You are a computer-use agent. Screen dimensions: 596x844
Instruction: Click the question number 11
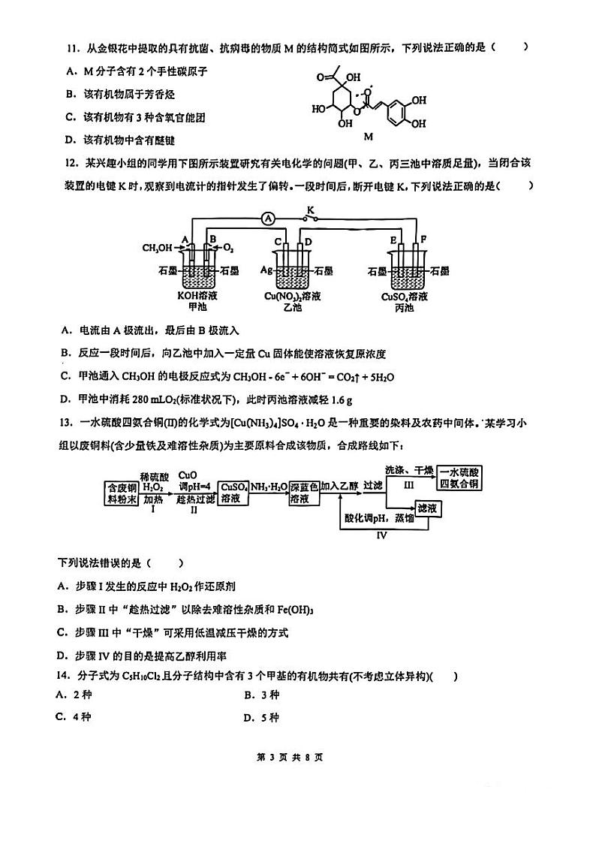click(x=72, y=47)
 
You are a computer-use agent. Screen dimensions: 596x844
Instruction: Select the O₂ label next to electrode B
click(x=228, y=248)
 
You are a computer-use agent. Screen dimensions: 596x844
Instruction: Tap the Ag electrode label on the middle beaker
click(x=266, y=270)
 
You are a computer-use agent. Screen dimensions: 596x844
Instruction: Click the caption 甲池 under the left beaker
click(x=197, y=307)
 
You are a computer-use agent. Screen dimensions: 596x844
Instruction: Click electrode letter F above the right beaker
click(x=423, y=240)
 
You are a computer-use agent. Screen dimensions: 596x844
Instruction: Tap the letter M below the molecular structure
click(x=368, y=137)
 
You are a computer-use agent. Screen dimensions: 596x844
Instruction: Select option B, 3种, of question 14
click(x=262, y=696)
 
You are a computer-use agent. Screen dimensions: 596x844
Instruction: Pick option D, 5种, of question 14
click(x=262, y=717)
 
